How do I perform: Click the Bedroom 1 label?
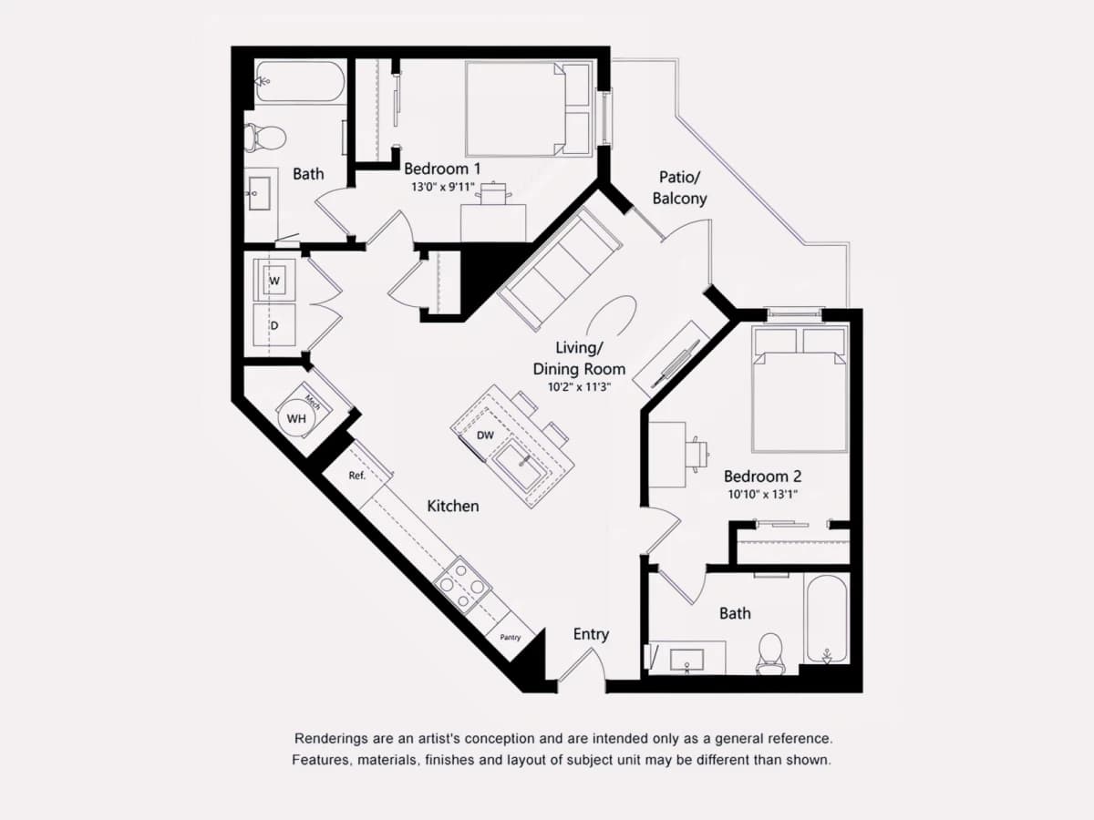pos(442,169)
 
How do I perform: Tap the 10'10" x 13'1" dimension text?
pos(762,495)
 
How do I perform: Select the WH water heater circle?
pos(296,419)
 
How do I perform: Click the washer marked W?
pos(274,280)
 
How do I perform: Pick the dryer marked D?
pos(274,325)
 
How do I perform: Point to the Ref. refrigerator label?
pos(356,476)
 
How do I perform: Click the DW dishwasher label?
pos(485,436)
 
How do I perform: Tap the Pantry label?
pos(511,637)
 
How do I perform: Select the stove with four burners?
pos(462,583)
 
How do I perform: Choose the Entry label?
pos(591,634)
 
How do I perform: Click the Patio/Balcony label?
pos(680,188)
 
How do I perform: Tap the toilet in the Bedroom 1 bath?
pos(265,137)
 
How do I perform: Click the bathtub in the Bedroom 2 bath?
pos(826,619)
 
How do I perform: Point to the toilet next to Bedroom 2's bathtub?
pos(770,653)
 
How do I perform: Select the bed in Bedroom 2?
pos(800,389)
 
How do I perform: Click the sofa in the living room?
pos(560,269)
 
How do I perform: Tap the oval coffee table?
pos(612,317)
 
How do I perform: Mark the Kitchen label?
pos(453,506)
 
